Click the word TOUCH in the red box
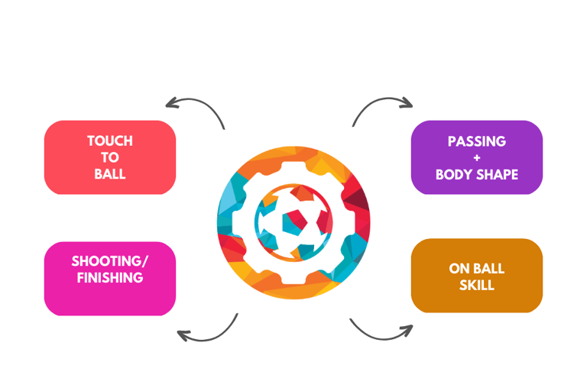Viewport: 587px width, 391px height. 110,141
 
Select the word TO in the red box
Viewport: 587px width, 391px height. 110,157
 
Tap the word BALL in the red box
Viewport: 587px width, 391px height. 110,173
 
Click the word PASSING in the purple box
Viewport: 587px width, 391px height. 477,141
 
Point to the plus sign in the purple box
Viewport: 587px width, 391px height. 477,158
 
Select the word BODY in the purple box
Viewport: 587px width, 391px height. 456,174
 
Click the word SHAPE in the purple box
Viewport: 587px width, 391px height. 498,174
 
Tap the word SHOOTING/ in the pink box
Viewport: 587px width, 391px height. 110,261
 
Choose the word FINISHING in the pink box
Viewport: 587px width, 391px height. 110,278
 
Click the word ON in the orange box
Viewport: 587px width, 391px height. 460,269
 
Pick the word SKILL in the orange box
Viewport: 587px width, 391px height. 477,286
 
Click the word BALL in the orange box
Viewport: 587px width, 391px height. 489,269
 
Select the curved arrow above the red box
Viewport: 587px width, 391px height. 194,108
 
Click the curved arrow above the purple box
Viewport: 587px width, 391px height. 382,108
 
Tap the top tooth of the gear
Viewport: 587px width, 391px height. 293,156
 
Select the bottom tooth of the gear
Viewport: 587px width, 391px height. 293,288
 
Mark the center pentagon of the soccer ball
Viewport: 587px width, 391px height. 293,222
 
